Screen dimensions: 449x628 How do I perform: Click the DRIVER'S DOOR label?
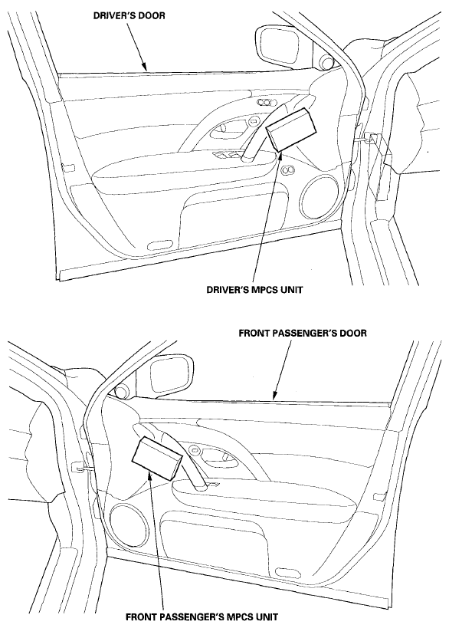pos(129,16)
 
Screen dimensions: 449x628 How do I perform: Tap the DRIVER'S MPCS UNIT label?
pos(254,290)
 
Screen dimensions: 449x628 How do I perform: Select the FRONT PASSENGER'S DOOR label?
pos(303,334)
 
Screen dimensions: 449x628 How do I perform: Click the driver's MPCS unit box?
pos(291,128)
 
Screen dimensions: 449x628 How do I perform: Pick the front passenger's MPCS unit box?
pos(156,459)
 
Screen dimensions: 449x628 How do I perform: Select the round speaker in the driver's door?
pos(320,196)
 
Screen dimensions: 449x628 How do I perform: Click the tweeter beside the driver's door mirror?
pos(326,62)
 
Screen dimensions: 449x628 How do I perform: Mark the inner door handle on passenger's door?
pos(215,455)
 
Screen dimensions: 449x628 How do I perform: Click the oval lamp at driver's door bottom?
pos(160,245)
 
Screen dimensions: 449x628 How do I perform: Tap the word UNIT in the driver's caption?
pos(290,290)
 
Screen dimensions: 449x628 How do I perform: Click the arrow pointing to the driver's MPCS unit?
pos(268,214)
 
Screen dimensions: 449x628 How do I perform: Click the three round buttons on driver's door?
pos(265,103)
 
